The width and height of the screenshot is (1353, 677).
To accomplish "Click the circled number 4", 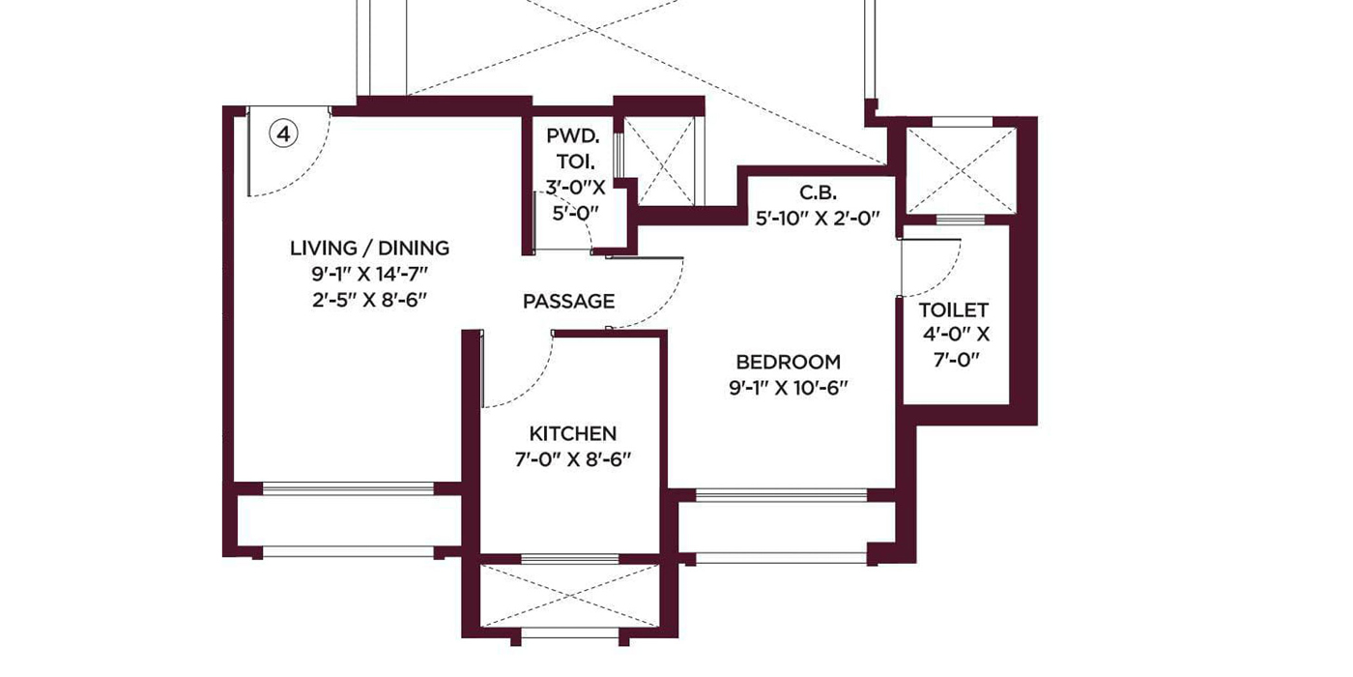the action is [x=283, y=133].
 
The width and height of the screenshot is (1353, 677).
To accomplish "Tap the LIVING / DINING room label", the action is [x=369, y=248].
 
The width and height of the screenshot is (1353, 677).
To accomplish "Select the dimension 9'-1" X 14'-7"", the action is [x=369, y=275].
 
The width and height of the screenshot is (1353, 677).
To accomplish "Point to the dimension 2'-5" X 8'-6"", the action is [x=369, y=301].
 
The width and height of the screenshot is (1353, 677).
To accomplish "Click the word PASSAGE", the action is [x=569, y=301].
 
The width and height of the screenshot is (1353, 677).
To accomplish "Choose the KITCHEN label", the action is [x=572, y=433].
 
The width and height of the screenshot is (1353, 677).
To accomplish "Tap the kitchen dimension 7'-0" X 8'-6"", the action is [x=572, y=460].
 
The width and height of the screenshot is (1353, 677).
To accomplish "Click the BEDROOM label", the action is [x=789, y=362].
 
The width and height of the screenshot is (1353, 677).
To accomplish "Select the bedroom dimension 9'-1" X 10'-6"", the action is [x=789, y=388].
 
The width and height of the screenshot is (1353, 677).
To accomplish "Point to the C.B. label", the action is [x=818, y=192].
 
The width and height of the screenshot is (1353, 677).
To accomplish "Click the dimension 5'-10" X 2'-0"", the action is [x=818, y=219].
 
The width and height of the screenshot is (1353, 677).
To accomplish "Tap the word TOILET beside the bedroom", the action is [x=954, y=310].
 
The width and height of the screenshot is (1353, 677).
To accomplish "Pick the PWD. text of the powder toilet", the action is [x=573, y=136].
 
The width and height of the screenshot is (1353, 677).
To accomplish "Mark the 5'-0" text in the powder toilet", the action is [x=575, y=214].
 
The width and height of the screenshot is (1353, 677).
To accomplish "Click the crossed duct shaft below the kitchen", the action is [x=569, y=596].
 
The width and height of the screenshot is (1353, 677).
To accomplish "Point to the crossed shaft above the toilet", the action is [x=962, y=170].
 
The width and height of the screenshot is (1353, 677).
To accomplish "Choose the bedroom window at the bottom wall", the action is [x=782, y=495].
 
